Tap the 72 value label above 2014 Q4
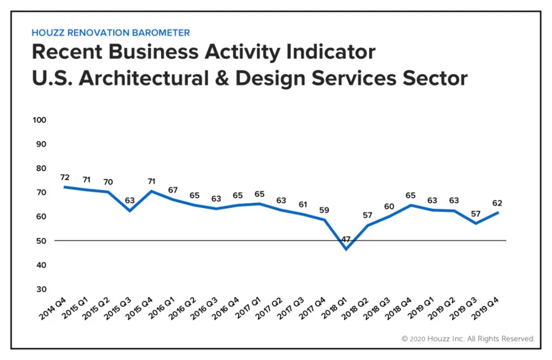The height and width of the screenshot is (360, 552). (65, 178)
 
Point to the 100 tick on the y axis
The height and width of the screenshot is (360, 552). (40, 120)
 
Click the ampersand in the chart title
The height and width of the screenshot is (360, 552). (222, 78)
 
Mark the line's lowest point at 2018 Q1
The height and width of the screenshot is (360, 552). (346, 249)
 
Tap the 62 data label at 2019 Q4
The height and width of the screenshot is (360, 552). (497, 203)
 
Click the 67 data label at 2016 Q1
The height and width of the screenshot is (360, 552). (173, 190)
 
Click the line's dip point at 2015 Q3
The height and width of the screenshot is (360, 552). (130, 210)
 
